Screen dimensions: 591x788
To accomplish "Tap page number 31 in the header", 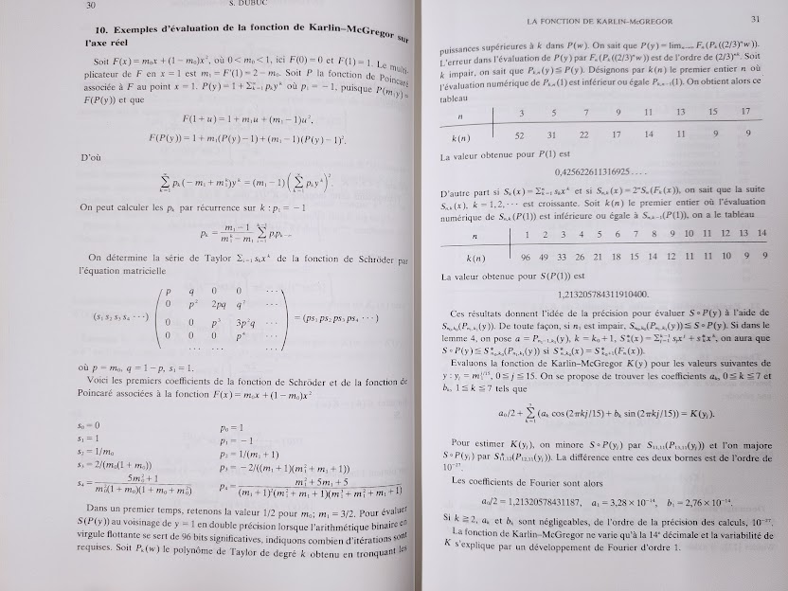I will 755,18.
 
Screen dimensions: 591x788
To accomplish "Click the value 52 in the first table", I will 519,134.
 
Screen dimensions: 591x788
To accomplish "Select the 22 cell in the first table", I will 585,134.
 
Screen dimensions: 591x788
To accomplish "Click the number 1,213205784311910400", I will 602,294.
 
